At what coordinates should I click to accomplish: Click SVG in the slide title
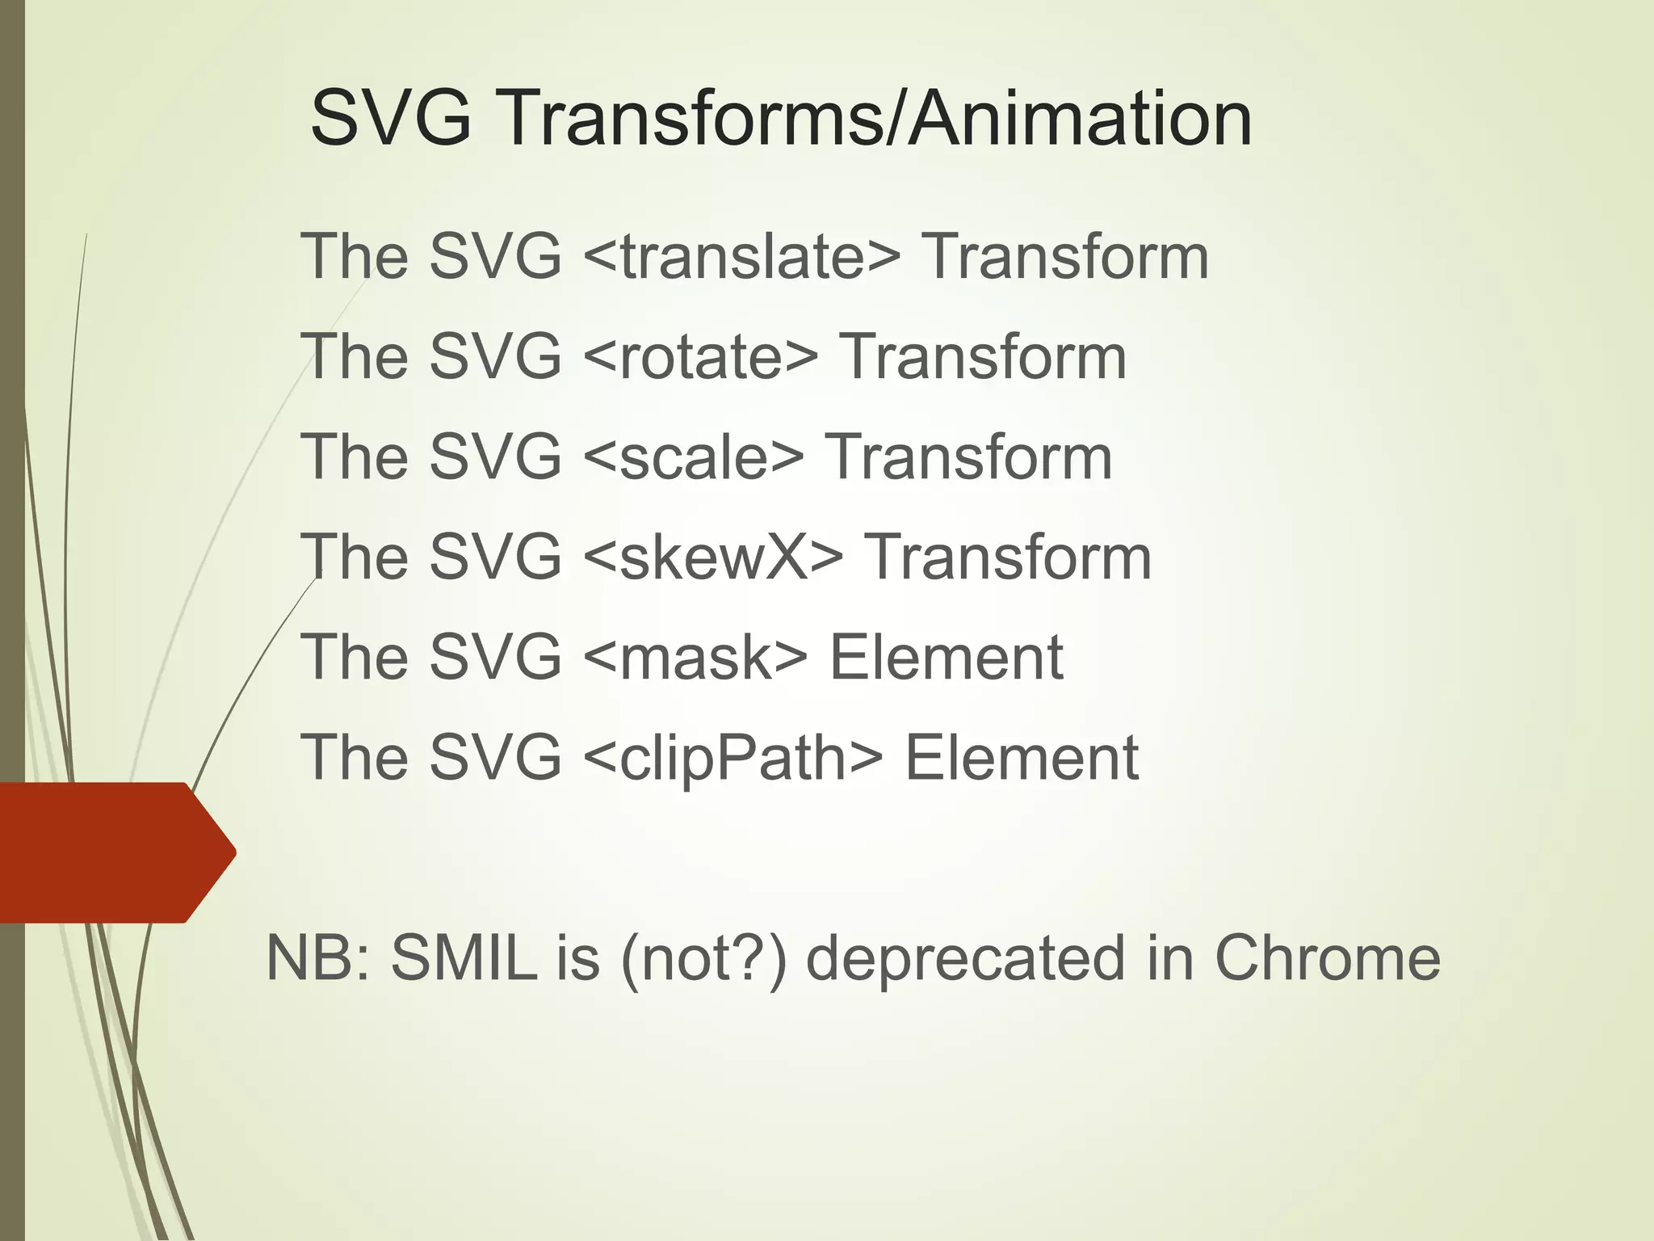tap(391, 120)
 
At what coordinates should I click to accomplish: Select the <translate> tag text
tap(741, 257)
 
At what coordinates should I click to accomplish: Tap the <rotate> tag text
tap(699, 357)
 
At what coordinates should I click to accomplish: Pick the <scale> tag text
tap(692, 457)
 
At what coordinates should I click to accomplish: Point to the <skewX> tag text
tap(712, 557)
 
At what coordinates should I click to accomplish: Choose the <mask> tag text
tap(694, 658)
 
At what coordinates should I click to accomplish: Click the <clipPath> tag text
tap(732, 758)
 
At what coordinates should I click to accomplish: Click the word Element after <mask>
tap(947, 658)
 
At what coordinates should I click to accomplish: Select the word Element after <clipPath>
tap(1022, 758)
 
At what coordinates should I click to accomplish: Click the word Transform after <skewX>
tap(1008, 557)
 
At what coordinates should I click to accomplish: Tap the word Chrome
tap(1328, 958)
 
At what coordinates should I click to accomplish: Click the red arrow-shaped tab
tap(113, 852)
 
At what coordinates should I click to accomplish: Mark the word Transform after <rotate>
tap(983, 357)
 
